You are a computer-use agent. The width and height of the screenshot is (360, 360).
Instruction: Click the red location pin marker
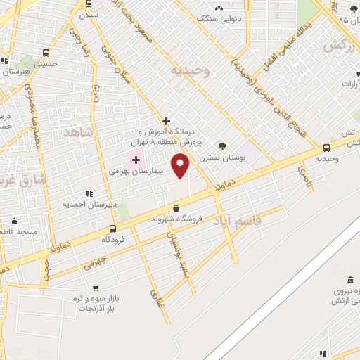pos(181,167)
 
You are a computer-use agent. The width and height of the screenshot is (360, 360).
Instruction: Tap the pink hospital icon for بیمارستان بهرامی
pos(136,160)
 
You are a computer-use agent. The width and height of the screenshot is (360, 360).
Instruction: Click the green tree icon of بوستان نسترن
pos(222,146)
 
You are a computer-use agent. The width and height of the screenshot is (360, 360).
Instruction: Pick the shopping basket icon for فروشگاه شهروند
pos(175,208)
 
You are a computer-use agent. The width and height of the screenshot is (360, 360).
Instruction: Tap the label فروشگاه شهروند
pos(176,219)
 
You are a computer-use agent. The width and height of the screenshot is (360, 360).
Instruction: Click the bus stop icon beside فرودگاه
pos(112,229)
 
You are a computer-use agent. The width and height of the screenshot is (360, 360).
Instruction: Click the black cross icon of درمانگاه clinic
pos(166,121)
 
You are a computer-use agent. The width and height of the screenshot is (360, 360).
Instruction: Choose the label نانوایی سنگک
pos(219,19)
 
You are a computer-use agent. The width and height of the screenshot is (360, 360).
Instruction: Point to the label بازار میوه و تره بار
pos(97,303)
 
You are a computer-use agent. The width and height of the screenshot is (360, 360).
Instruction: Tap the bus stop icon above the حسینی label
pos(46,53)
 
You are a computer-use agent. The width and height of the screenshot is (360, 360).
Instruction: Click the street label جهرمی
pos(94,264)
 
